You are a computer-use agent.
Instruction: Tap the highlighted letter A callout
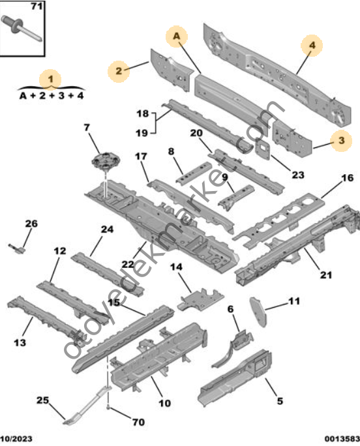tap(177, 37)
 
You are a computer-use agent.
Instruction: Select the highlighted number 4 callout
tap(312, 46)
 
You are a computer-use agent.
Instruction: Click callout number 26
tap(31, 224)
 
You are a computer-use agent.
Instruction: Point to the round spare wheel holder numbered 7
tap(105, 160)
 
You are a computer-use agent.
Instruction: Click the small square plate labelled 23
tap(263, 149)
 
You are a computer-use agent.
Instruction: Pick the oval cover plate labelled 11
tap(258, 311)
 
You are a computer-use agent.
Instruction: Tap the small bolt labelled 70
tap(108, 408)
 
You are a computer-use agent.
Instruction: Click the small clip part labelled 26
tap(18, 248)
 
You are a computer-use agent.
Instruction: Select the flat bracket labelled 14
tap(200, 299)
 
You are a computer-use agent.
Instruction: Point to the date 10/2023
tap(16, 439)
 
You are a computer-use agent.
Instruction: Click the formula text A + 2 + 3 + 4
tap(52, 96)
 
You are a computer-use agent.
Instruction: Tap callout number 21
tap(326, 275)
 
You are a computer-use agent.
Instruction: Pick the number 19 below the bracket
tap(142, 133)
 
